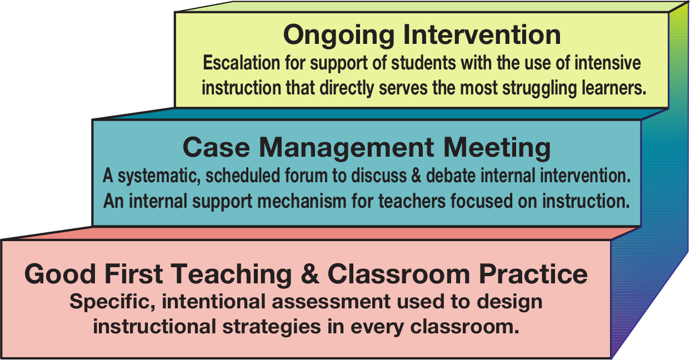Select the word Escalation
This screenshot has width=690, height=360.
tap(241, 63)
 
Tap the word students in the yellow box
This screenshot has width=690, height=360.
tap(423, 63)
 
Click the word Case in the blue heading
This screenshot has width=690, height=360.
tap(216, 148)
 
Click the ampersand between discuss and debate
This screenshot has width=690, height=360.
tap(416, 176)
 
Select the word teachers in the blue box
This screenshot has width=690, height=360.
tap(412, 201)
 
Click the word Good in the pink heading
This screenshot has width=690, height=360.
tap(60, 274)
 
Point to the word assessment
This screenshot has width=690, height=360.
tap(331, 301)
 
